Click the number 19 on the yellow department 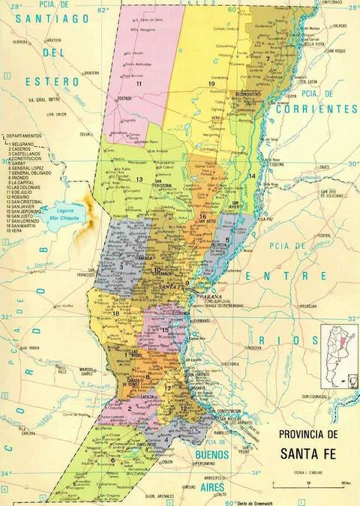pyautogui.click(x=212, y=83)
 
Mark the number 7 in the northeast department pyautogui.click(x=268, y=58)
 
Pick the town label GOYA pyautogui.click(x=292, y=96)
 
